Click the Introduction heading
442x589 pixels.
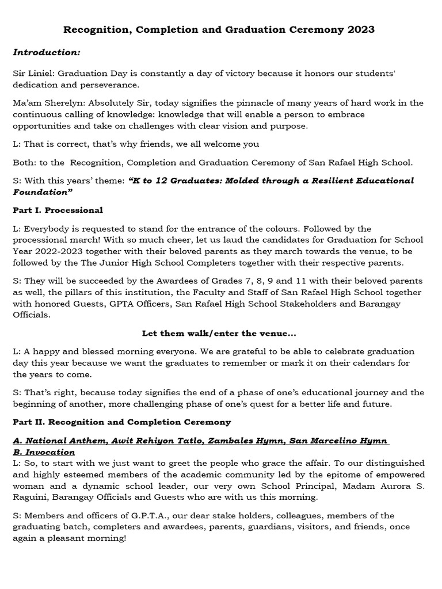47,52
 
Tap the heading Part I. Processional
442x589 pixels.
58,210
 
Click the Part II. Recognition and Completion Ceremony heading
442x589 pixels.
121,422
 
